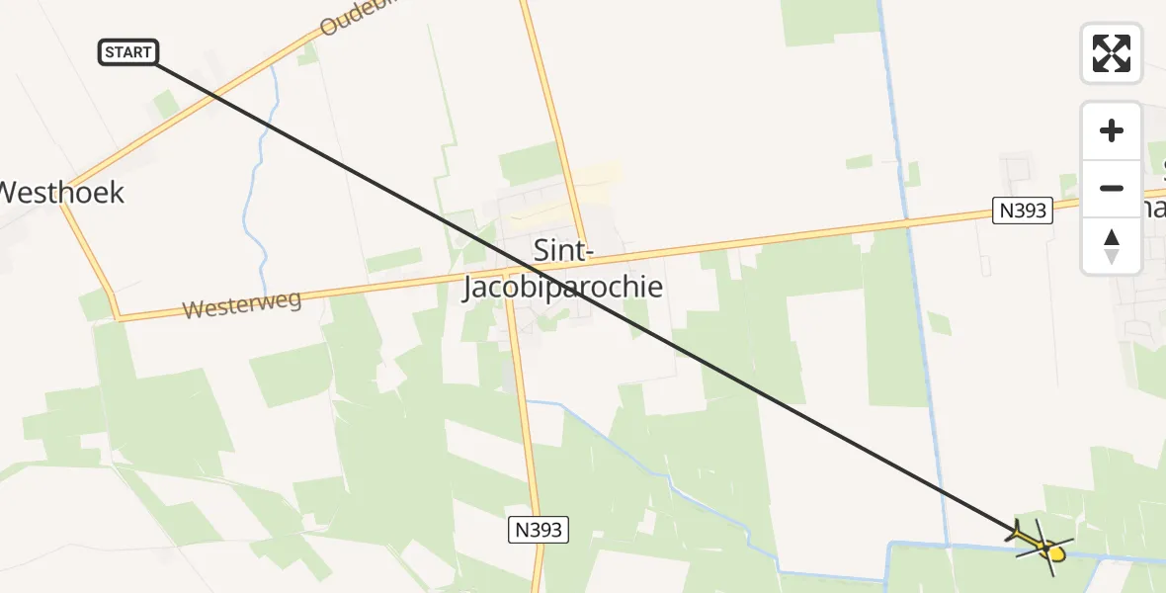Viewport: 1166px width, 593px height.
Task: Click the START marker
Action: click(128, 52)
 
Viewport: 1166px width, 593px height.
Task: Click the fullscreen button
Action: click(1112, 52)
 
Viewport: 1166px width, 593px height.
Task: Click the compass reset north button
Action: click(1112, 246)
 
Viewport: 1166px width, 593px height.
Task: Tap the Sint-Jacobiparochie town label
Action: click(563, 269)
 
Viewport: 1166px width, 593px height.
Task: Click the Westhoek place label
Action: click(61, 192)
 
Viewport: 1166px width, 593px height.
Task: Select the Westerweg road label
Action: click(242, 304)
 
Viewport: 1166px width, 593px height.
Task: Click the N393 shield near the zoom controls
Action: click(1022, 210)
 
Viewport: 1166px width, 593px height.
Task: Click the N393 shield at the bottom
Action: click(539, 530)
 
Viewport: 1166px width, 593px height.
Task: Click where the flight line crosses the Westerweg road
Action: click(535, 273)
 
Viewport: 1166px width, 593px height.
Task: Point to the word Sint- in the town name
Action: click(563, 250)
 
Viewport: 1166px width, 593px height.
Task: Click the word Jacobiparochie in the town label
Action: click(563, 288)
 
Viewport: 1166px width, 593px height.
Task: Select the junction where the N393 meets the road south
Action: click(509, 279)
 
